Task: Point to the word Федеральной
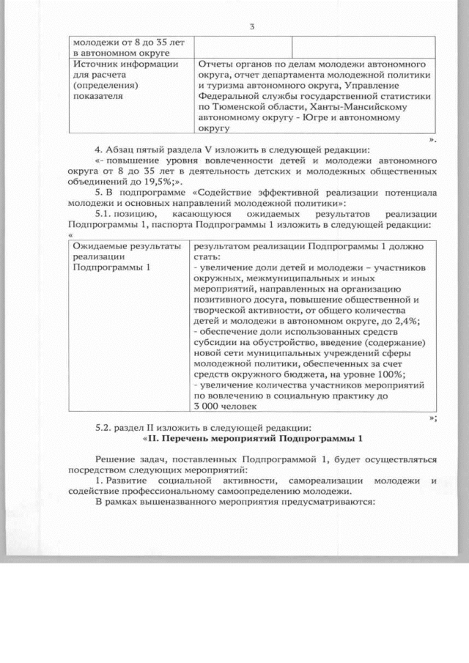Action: [232, 95]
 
